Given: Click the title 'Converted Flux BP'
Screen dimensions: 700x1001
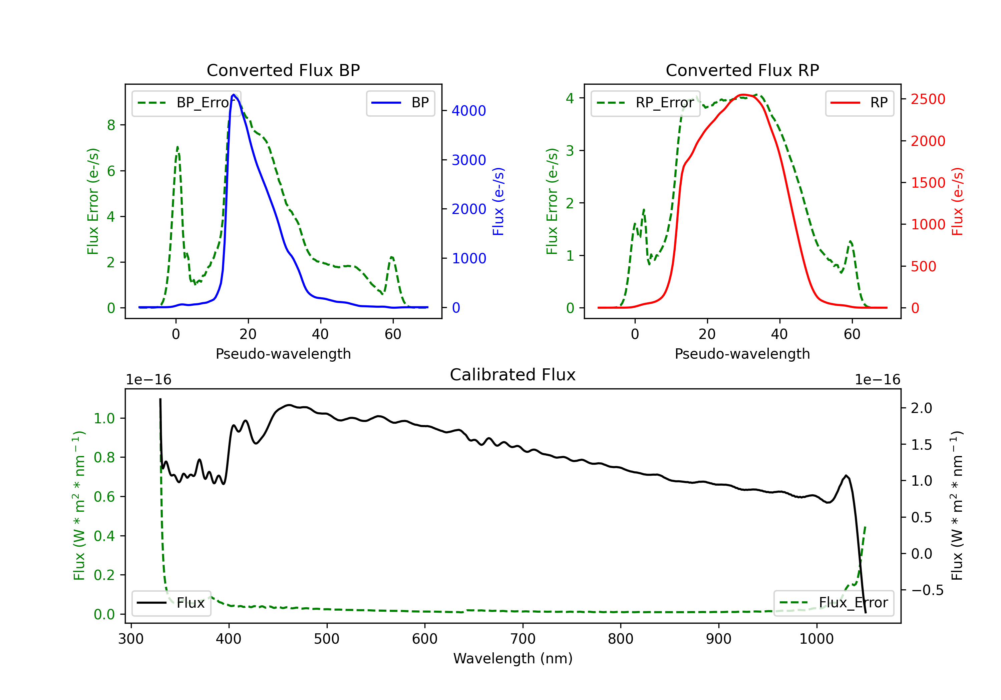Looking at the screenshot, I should tap(283, 70).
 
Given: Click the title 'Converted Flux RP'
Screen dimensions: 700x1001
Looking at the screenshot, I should tap(742, 70).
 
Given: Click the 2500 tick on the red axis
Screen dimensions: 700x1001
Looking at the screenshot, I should tap(928, 99).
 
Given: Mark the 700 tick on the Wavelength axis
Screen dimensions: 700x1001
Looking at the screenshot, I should tap(523, 639).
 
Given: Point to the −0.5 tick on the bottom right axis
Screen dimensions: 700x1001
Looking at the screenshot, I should tap(927, 590).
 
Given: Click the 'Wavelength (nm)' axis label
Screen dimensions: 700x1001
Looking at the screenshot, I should tap(513, 658).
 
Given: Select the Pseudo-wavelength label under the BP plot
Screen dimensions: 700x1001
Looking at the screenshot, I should tap(283, 354).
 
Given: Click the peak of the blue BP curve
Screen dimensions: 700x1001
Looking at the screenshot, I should tap(234, 95).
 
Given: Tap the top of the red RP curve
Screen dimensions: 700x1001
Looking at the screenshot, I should tap(743, 95).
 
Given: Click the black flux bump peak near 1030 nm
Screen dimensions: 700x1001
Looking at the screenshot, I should tap(846, 476).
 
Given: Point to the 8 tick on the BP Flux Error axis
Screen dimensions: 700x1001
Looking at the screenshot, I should tap(111, 125).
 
